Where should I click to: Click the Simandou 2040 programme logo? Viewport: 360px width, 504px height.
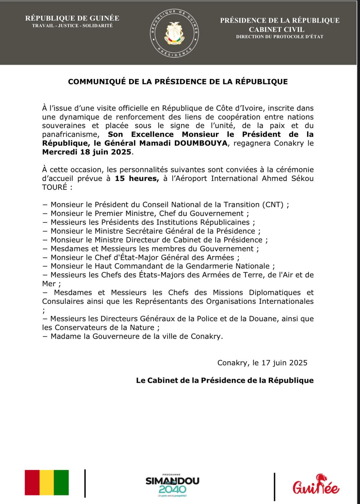tap(172, 485)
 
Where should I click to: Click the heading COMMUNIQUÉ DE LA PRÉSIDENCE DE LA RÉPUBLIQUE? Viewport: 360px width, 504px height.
tap(178, 82)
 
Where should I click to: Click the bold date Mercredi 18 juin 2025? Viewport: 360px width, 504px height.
tap(87, 152)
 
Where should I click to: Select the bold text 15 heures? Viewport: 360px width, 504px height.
tap(137, 178)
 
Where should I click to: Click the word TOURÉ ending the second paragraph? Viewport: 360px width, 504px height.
tap(55, 187)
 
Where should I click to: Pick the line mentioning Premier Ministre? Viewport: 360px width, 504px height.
tap(150, 213)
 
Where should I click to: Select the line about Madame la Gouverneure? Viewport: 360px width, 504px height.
tap(136, 336)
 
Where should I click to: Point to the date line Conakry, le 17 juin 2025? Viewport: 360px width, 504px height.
tap(262, 363)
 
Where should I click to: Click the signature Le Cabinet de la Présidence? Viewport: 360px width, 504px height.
tap(225, 380)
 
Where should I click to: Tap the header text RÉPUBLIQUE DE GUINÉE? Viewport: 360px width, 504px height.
tap(72, 18)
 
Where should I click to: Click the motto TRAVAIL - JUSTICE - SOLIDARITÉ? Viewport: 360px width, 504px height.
tap(72, 26)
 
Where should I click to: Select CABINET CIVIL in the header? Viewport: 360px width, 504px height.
tap(277, 29)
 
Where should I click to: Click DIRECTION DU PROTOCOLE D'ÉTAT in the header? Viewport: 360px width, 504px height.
tap(280, 37)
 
